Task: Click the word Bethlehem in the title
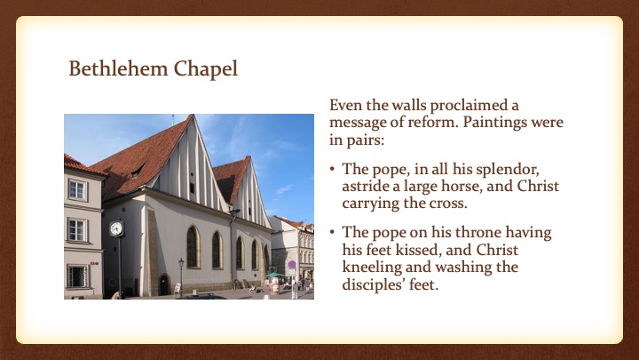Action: tap(118, 68)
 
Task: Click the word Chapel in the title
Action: tap(206, 69)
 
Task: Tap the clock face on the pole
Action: tap(116, 228)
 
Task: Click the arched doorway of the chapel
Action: tap(164, 284)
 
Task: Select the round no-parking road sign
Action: tap(292, 265)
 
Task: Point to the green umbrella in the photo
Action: tap(274, 275)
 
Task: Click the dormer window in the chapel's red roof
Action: tap(136, 172)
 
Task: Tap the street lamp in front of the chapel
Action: tap(181, 276)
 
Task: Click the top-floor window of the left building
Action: tap(77, 190)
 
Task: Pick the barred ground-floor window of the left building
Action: tap(77, 276)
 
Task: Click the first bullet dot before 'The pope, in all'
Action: tap(333, 169)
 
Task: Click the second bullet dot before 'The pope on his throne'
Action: tap(333, 232)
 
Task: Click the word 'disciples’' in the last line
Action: tap(373, 284)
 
